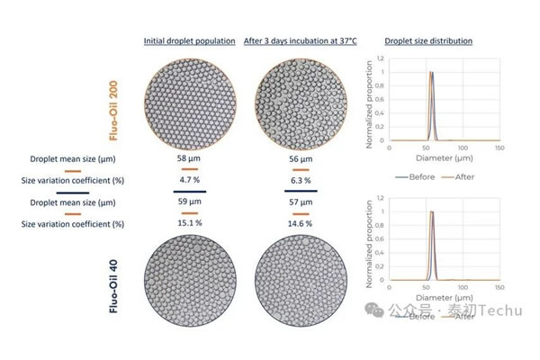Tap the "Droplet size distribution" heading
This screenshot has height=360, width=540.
(x=428, y=41)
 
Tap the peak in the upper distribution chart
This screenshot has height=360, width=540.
(x=431, y=73)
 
